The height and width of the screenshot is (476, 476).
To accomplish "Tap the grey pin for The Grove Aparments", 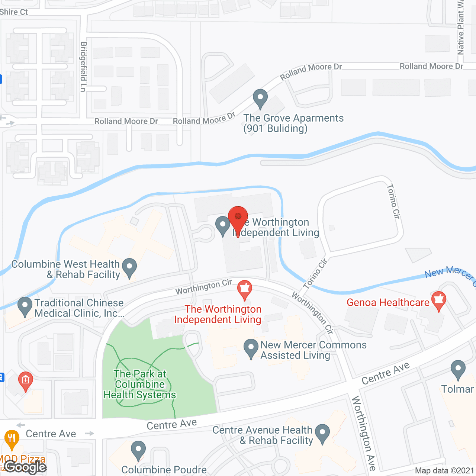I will click(260, 99).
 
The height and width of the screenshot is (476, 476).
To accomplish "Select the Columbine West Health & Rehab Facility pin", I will click(129, 268).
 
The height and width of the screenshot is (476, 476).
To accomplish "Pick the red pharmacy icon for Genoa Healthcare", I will click(439, 301).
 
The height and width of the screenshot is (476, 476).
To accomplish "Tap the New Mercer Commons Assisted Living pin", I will click(251, 348).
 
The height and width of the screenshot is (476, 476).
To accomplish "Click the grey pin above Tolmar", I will click(458, 370).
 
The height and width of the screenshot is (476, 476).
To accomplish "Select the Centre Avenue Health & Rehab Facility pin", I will click(322, 434).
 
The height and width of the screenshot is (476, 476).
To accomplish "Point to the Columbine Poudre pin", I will click(138, 450).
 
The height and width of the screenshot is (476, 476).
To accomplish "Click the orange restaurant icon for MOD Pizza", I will click(12, 440).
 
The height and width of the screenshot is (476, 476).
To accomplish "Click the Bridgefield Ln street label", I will click(84, 67).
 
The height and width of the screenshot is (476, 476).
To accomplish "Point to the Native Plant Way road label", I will click(461, 28).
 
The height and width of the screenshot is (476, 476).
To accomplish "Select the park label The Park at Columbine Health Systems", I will click(140, 384).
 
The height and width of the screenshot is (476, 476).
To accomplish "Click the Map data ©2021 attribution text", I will click(444, 470).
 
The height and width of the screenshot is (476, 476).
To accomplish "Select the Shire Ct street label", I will click(14, 12).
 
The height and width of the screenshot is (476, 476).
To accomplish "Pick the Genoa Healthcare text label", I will click(388, 302).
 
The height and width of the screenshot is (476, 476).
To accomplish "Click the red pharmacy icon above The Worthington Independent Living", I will click(245, 289).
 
